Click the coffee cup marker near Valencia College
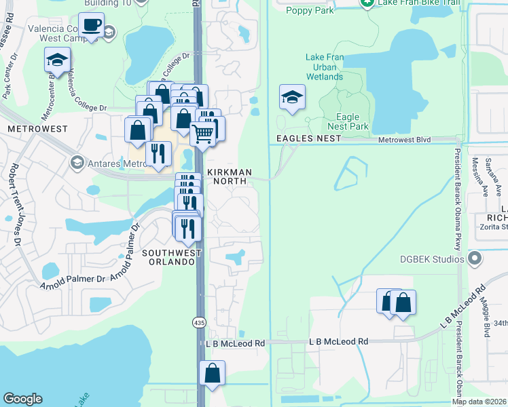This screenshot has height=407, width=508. pos(91,26)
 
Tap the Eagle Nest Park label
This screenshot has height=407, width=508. pos(348,121)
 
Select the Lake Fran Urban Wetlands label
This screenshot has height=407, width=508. pos(325,67)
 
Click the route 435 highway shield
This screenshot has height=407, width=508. pos(199,320)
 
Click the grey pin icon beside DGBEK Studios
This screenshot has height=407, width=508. pos(475,258)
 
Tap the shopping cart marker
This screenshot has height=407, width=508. pos(202,134)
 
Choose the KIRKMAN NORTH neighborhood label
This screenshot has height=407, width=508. pos(228,176)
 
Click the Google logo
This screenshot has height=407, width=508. pos(22,399)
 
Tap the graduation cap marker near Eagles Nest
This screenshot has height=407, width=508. pos(291,98)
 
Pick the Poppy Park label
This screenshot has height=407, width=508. pos(309,9)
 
